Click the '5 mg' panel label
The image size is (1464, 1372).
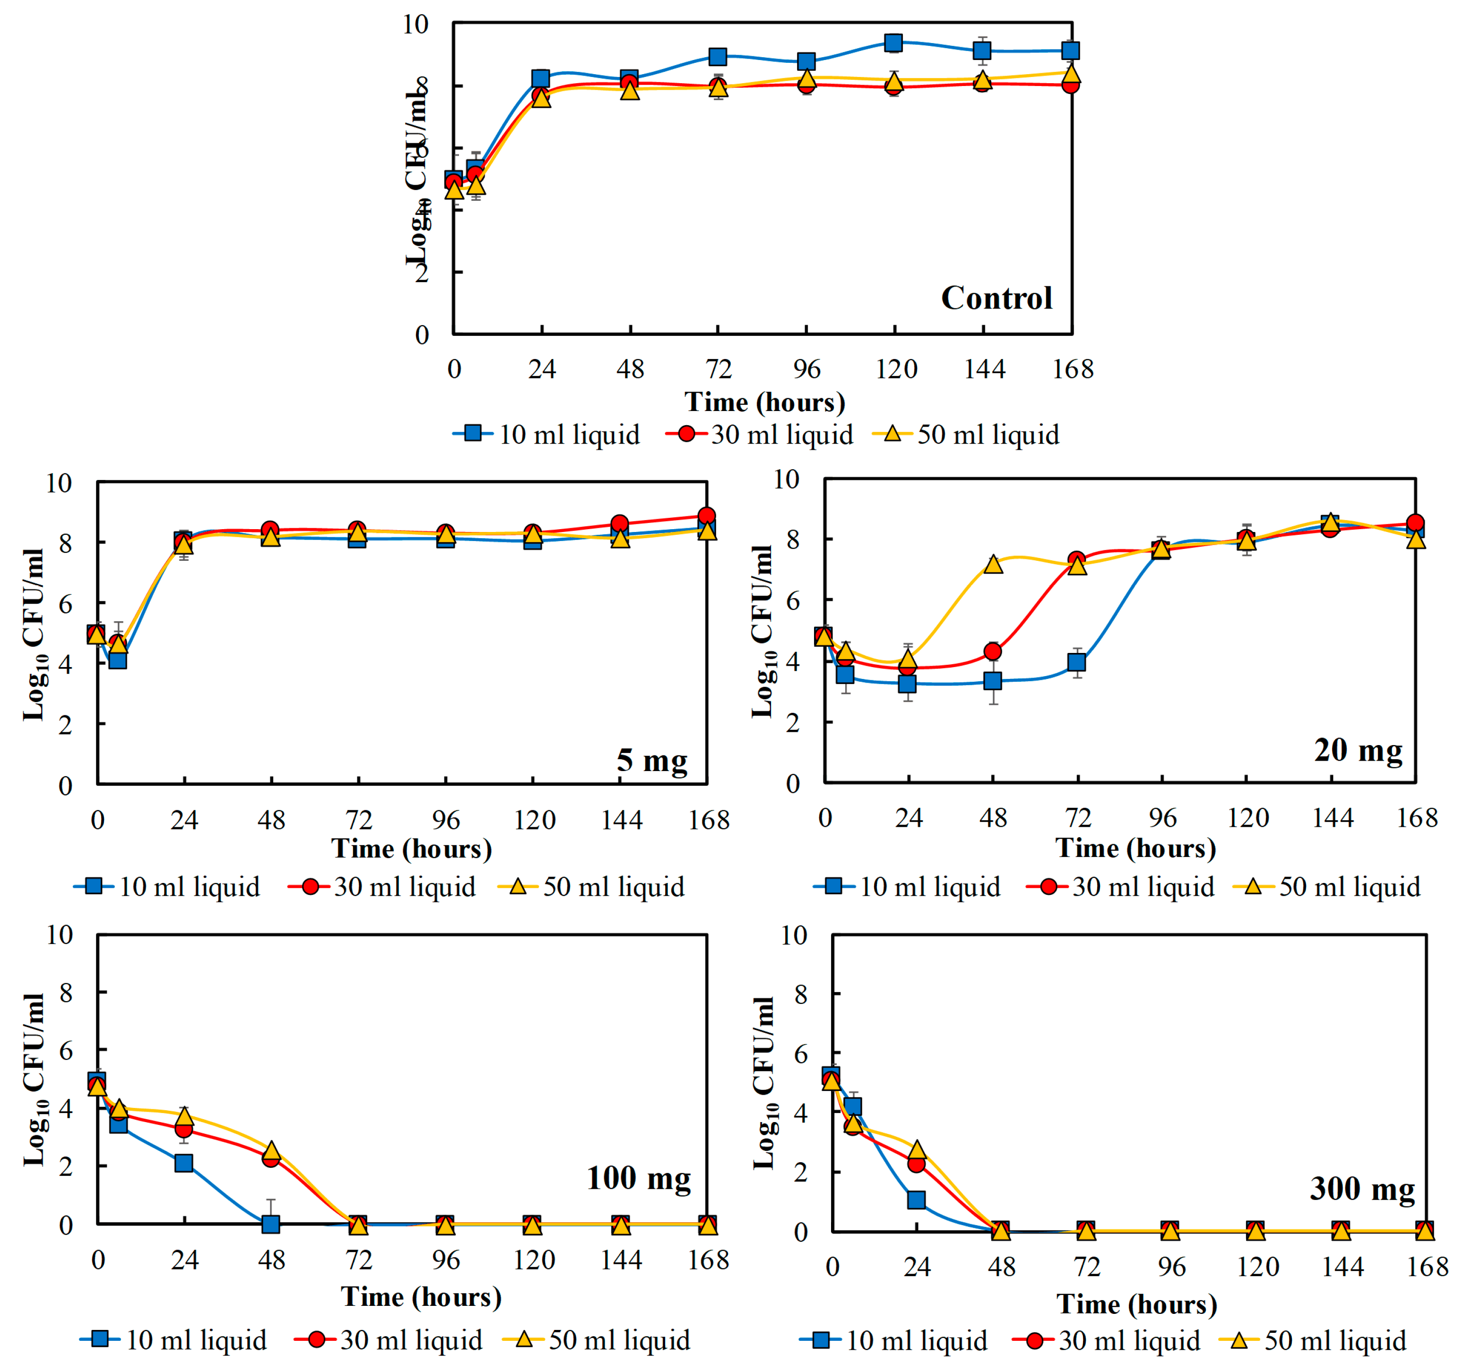point(652,760)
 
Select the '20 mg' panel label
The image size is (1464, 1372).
point(1358,750)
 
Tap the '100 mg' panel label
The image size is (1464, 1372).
point(639,1178)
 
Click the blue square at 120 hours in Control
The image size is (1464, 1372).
point(893,43)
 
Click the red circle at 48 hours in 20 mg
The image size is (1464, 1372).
point(993,652)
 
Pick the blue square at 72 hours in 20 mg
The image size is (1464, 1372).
point(1077,662)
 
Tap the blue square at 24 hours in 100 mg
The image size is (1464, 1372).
point(183,1163)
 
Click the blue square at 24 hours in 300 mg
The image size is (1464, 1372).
point(916,1200)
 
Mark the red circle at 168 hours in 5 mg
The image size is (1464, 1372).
point(706,516)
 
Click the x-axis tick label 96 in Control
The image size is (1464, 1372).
point(806,369)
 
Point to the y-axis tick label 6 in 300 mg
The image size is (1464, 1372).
point(800,1054)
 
